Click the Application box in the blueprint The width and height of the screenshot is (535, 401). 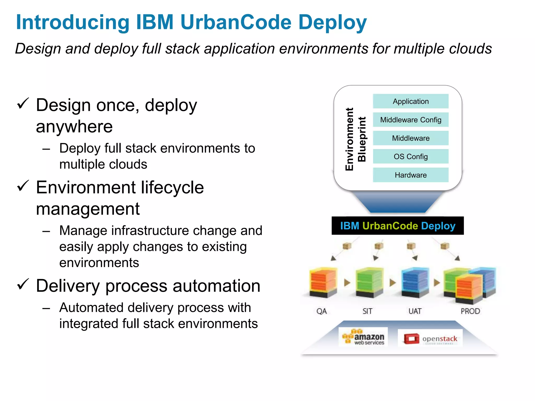410,101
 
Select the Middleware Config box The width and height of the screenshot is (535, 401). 410,120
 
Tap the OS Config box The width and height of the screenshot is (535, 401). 410,157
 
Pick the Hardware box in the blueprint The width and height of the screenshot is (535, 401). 410,175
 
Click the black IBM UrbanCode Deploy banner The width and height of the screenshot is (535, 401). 397,226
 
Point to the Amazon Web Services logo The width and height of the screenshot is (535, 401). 363,337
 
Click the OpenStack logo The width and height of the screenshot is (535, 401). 430,339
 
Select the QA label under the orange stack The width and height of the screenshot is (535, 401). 321,311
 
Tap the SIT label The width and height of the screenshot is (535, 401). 367,311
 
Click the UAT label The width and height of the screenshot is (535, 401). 415,311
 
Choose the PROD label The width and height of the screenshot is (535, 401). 470,311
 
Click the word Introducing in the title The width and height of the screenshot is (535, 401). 73,22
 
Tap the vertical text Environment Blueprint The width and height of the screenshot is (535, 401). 355,139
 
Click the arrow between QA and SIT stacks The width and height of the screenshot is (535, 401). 347,282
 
